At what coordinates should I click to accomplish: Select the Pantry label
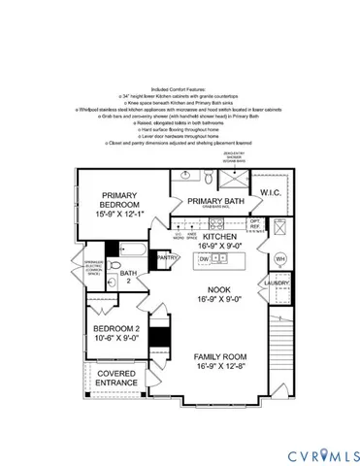(168, 257)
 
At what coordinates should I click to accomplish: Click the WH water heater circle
(279, 259)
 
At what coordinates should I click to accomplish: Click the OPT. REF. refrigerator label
(255, 225)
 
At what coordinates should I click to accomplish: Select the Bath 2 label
(128, 278)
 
